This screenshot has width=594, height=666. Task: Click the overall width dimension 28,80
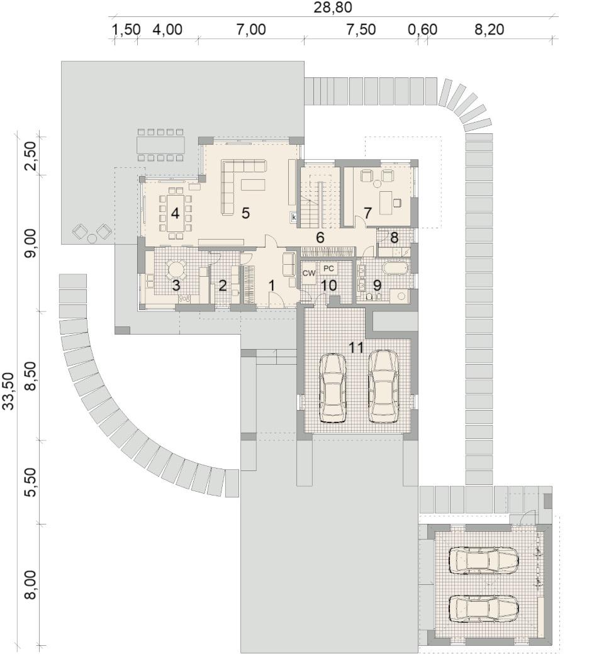point(333,7)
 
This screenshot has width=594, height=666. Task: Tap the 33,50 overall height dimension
point(9,391)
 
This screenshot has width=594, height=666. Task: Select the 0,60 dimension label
point(422,30)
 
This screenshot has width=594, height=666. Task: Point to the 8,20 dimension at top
point(489,30)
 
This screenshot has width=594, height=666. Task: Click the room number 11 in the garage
point(356,347)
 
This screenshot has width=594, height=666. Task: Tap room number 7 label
point(368,213)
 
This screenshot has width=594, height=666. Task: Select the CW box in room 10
point(309,273)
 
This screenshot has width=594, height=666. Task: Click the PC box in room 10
point(328,269)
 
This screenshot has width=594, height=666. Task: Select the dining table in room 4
point(176,213)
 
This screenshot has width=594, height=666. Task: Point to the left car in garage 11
point(333,388)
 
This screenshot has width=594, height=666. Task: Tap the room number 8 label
point(395,238)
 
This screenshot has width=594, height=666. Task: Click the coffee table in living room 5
point(253,185)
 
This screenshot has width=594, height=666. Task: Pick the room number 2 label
point(222,286)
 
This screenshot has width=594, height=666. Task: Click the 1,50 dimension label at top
point(126,30)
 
